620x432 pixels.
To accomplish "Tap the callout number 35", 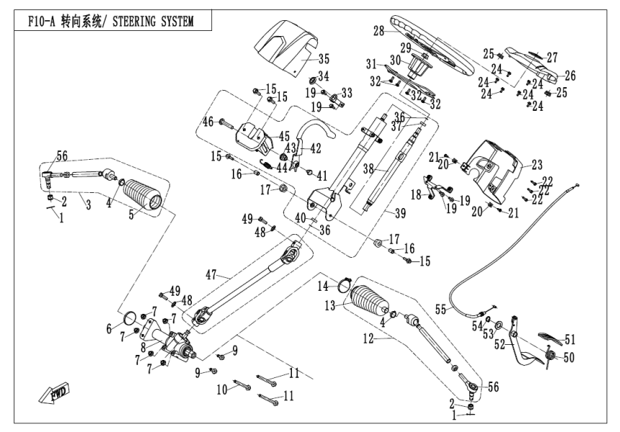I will tap(323, 58).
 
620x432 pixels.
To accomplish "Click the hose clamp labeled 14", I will tap(344, 283).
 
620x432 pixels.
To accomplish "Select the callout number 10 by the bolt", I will tap(223, 389).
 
